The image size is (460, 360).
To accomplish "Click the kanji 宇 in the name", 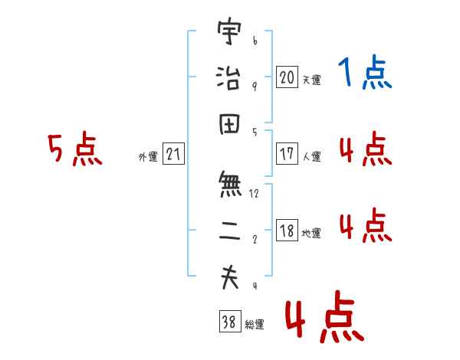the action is point(229,31).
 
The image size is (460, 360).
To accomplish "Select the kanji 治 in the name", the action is point(228,77).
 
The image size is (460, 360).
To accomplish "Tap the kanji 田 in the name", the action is point(229,124).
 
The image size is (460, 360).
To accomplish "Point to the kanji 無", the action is point(230,184).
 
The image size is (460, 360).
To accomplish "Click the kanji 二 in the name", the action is point(230,231).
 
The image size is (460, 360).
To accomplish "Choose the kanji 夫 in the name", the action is point(230,277).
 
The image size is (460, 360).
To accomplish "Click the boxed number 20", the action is point(287,77).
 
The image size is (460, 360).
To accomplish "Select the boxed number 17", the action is point(287,153).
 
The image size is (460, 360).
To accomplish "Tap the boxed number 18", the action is point(287,230).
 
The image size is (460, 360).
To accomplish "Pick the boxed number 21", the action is point(173,153).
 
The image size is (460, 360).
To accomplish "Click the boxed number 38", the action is point(230,321).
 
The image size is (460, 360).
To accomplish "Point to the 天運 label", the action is point(311,80).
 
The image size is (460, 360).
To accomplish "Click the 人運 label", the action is point(311,156).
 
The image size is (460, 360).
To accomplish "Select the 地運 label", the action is point(311,233).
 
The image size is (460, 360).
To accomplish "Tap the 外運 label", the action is point(148,156).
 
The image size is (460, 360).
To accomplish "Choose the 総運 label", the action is point(255,324).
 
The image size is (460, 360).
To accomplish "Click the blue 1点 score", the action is point(365,71).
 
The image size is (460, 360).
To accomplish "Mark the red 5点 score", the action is point(75,149).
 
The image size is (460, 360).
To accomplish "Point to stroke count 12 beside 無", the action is point(254,194).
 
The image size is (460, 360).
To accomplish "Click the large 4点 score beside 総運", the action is point(324,316).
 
